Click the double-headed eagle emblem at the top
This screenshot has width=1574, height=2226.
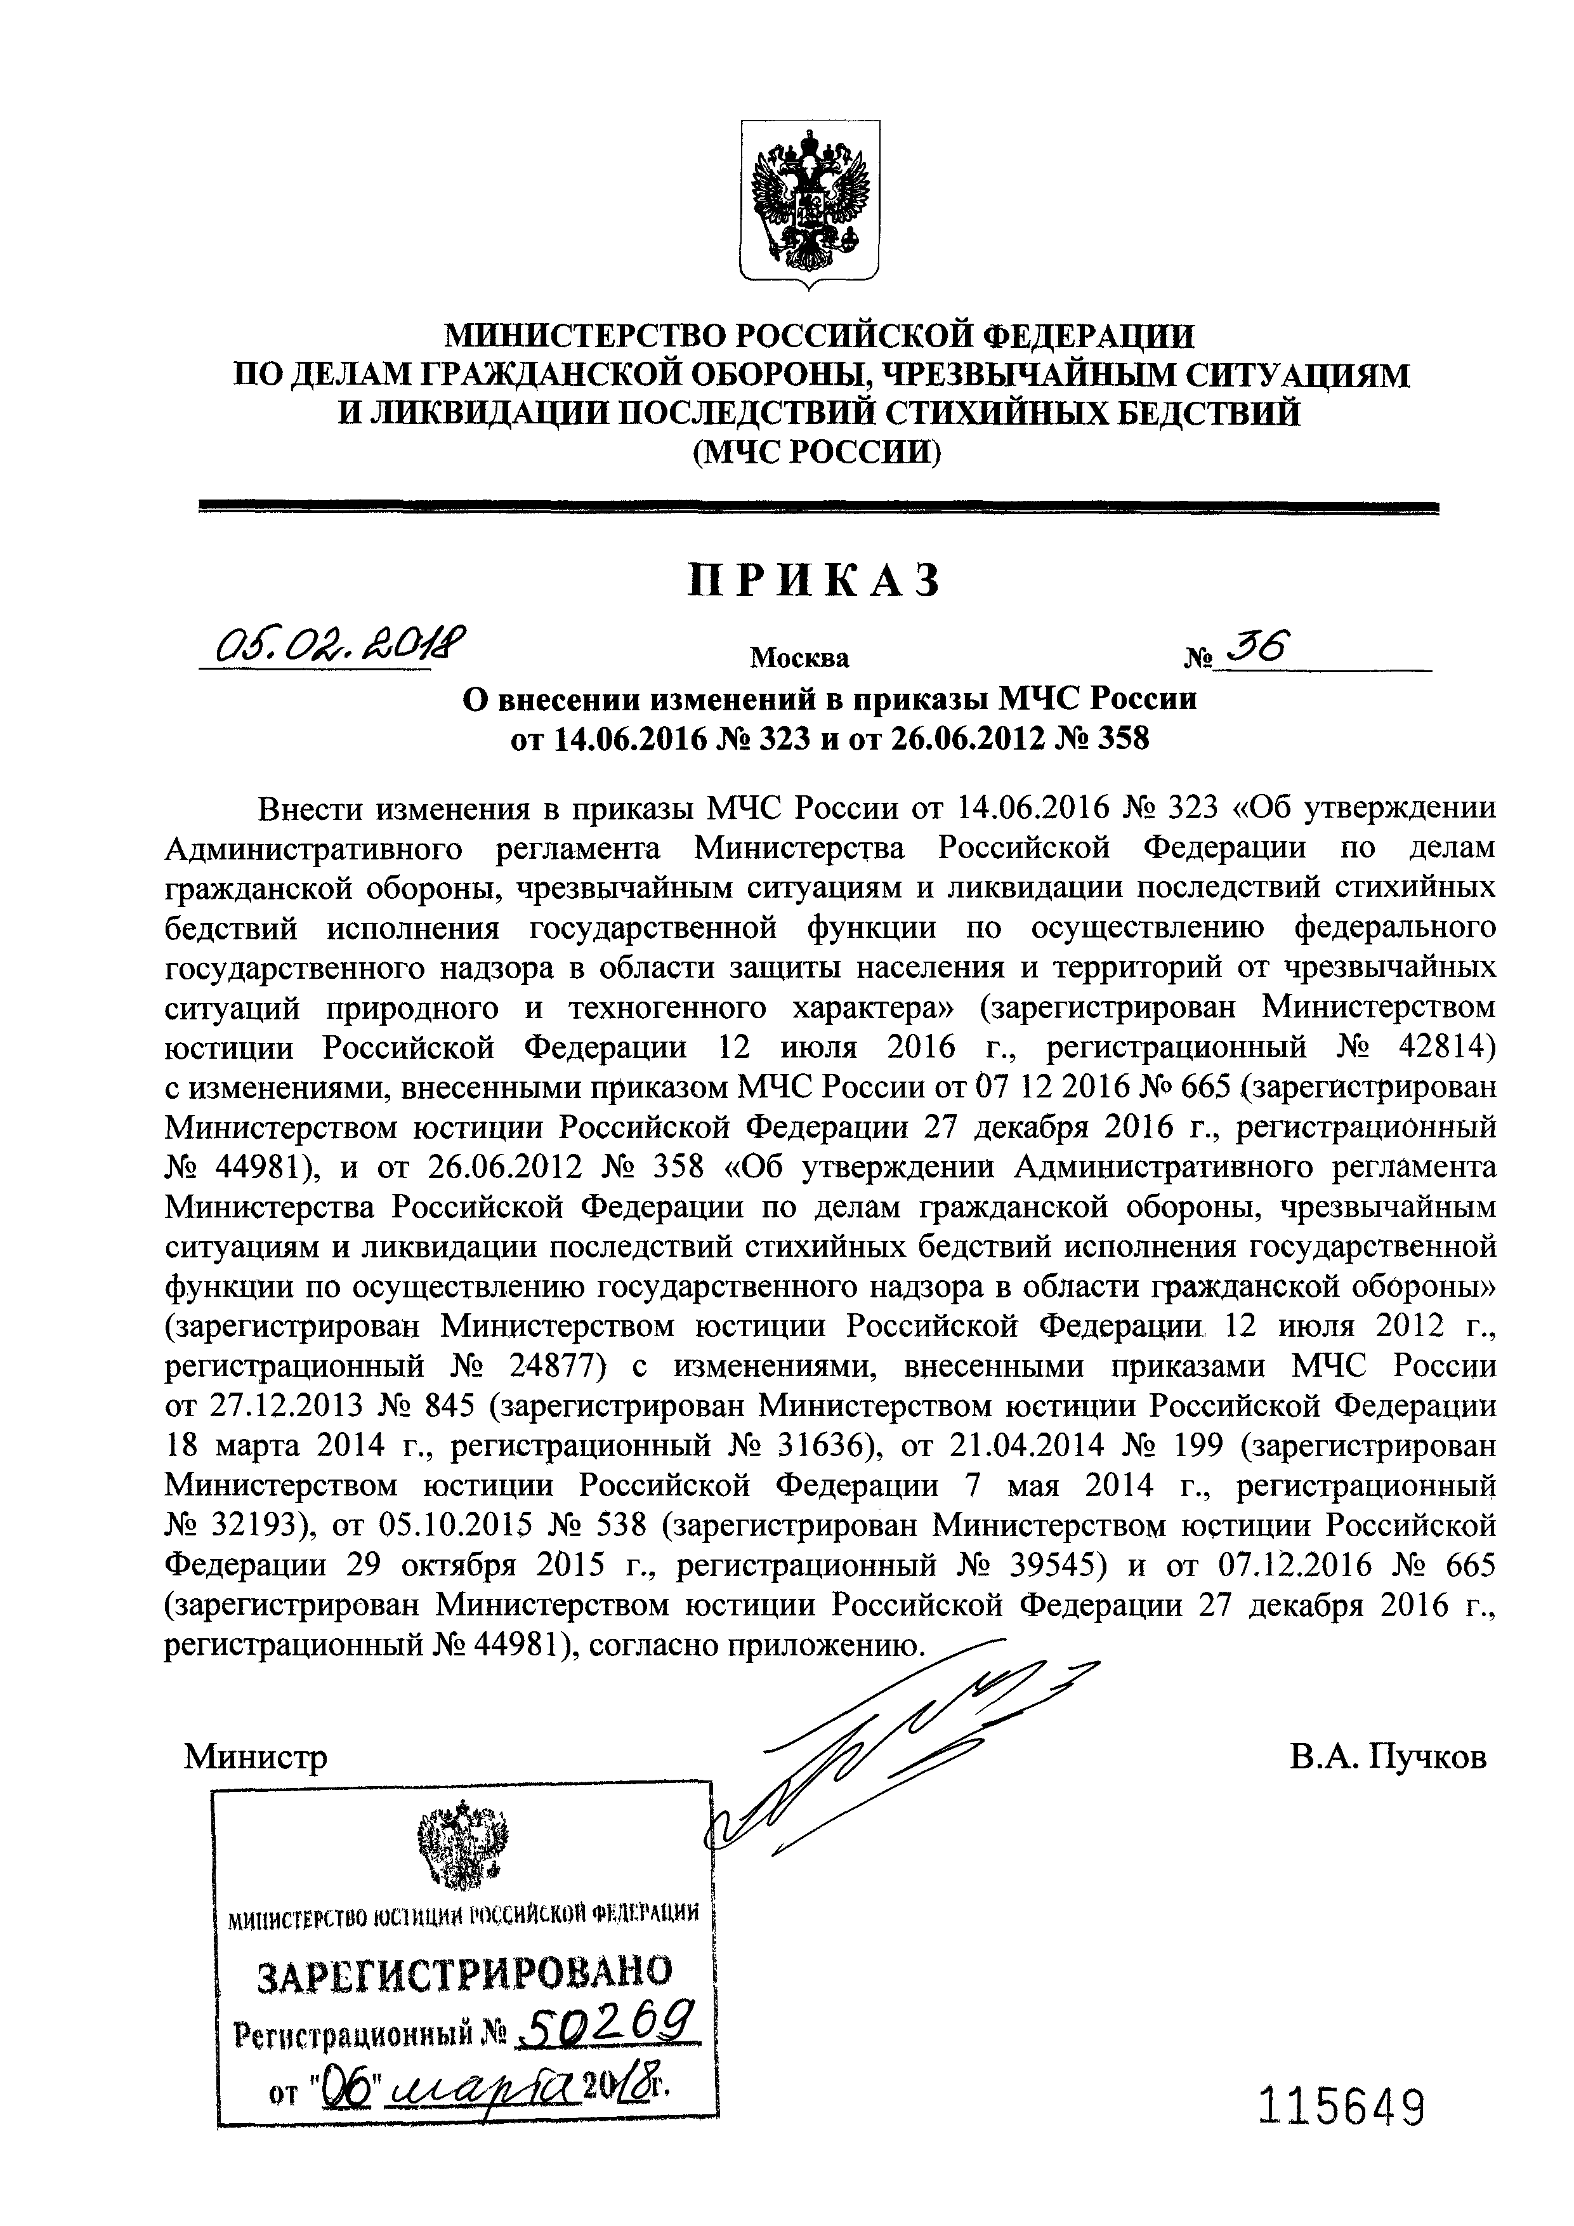[x=810, y=204]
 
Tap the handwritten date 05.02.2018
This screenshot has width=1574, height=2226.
[x=329, y=644]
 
